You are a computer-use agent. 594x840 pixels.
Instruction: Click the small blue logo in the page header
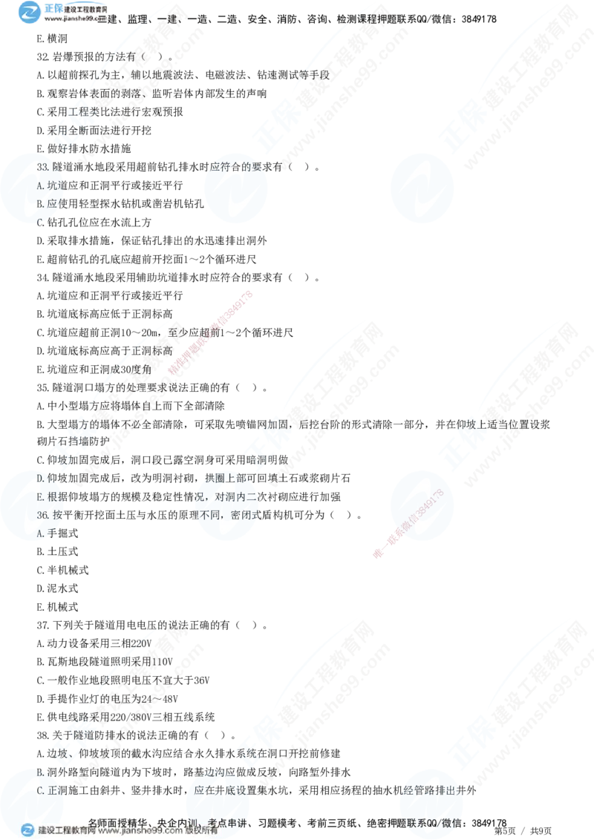30,11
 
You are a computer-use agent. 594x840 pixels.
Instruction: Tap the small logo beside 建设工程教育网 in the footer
27,830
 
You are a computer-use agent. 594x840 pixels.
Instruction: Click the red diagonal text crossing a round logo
416,519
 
